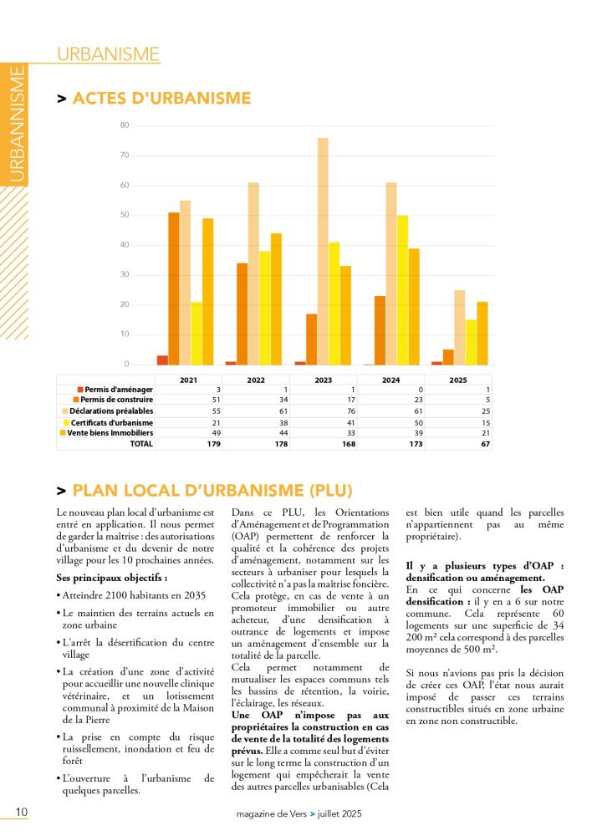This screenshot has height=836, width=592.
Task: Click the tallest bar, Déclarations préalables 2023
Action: click(323, 251)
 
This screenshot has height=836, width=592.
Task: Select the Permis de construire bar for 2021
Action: click(174, 288)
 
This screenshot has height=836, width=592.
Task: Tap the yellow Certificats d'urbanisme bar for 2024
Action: click(402, 289)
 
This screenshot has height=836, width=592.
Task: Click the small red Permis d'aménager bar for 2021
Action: click(162, 360)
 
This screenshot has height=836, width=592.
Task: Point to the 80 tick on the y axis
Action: click(125, 125)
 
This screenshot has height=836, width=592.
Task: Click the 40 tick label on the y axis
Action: click(125, 245)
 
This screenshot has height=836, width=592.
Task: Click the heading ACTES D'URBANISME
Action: click(161, 99)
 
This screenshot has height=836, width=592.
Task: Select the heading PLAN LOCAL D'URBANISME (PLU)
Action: click(212, 490)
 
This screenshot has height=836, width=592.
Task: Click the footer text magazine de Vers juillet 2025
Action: click(298, 814)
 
